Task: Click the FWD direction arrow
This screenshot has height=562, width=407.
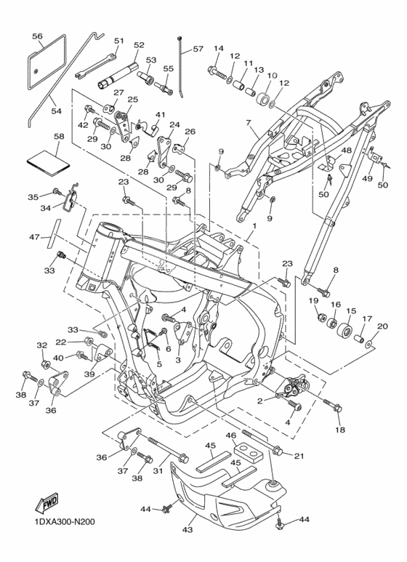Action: [x=47, y=502]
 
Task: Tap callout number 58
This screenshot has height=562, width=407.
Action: [x=59, y=137]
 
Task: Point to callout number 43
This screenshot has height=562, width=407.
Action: [x=188, y=529]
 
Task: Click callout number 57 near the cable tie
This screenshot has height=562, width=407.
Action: [x=198, y=49]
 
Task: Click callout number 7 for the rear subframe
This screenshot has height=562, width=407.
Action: [x=248, y=123]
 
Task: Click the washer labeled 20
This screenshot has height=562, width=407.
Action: [x=370, y=345]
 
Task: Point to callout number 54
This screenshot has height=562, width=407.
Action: [x=56, y=111]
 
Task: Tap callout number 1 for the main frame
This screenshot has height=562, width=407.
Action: [x=254, y=227]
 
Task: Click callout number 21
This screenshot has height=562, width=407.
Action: [x=299, y=456]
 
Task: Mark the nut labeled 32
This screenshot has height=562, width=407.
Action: [x=46, y=365]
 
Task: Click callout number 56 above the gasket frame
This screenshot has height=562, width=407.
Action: [x=37, y=36]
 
